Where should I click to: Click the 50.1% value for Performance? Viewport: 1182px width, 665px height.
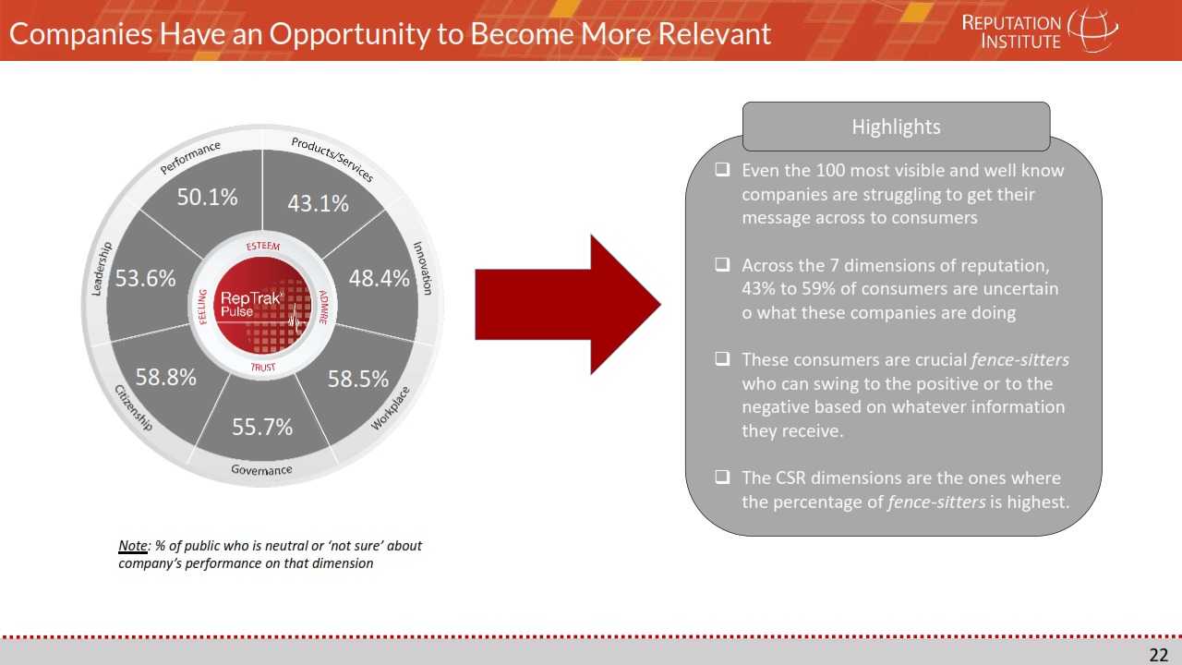207,198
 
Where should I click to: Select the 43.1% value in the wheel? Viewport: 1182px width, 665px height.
319,204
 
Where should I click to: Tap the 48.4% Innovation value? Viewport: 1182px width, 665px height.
379,279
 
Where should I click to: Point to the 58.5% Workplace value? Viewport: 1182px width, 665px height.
357,379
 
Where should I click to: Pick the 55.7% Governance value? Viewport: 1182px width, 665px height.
262,427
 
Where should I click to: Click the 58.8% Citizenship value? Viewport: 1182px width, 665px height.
165,378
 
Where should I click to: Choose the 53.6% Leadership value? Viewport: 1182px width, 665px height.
145,278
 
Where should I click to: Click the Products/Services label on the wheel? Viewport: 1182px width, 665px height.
332,159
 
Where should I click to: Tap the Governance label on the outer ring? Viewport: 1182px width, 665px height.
261,470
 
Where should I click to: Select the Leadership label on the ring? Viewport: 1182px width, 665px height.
102,269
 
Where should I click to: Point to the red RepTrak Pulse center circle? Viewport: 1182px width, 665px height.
262,306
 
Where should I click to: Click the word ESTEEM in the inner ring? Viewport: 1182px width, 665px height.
263,247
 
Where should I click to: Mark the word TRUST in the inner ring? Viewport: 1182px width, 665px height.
263,367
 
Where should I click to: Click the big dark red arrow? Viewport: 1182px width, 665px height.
567,305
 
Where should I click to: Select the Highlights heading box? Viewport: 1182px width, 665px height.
896,127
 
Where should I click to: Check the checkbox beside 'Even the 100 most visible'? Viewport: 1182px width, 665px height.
722,169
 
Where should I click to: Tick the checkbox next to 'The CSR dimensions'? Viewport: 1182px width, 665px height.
722,478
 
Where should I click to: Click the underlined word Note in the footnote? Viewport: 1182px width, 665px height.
132,546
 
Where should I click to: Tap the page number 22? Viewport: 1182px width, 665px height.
1159,655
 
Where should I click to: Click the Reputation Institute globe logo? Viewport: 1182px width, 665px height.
1092,30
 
